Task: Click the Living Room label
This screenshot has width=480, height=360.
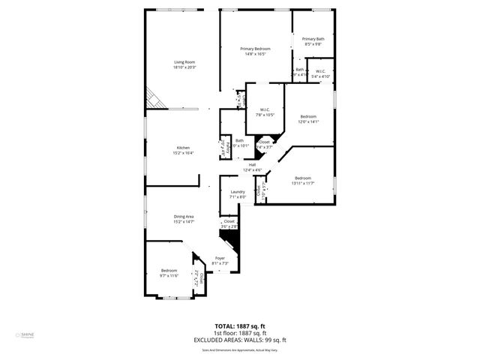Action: point(184,61)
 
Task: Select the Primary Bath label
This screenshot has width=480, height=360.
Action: point(313,39)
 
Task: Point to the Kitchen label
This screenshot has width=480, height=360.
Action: point(183,147)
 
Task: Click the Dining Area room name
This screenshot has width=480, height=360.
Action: point(184,216)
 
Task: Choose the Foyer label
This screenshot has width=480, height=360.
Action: point(220,258)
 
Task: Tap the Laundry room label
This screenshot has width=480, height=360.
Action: point(238,192)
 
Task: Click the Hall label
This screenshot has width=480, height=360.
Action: point(252,165)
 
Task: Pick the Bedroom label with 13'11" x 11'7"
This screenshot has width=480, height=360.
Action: point(302,178)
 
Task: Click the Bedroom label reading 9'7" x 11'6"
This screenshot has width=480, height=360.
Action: point(169,270)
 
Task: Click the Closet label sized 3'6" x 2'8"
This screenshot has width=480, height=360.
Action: point(229,221)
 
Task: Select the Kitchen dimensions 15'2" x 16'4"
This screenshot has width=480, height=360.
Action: point(183,153)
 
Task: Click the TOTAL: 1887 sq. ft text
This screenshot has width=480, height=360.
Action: point(239,327)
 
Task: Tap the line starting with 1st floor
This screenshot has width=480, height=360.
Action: point(240,333)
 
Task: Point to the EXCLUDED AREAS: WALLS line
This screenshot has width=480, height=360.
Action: point(240,340)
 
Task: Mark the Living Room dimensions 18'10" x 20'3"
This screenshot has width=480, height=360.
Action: point(184,67)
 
